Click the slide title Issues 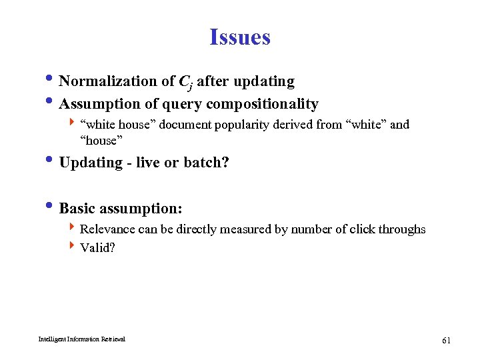pos(239,37)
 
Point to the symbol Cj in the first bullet pos(186,83)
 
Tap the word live pos(148,163)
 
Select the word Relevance pos(107,229)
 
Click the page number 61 pos(446,341)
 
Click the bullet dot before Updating pos(52,161)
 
